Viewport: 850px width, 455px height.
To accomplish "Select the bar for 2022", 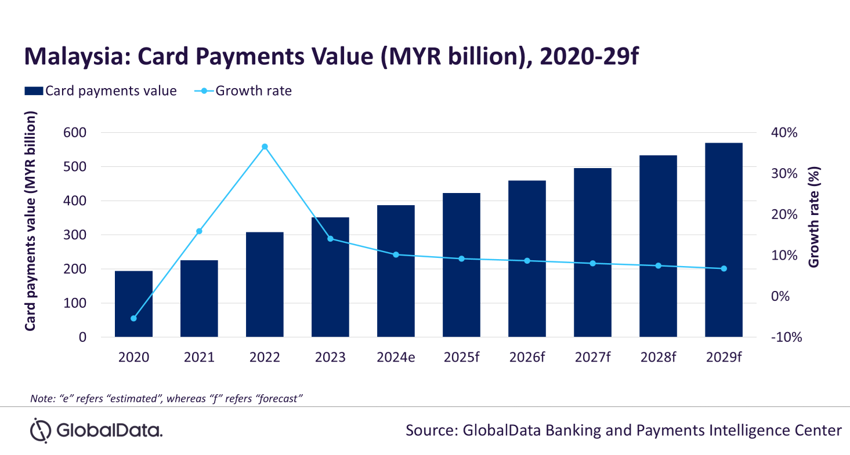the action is (265, 285).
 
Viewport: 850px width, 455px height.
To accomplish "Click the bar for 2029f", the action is (724, 239).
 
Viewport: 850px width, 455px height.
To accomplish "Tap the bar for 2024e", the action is (396, 271).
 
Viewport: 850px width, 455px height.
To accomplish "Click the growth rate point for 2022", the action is (265, 147).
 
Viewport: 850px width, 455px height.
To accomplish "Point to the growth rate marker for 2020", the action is (133, 319).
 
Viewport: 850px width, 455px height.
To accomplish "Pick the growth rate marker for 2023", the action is (330, 239).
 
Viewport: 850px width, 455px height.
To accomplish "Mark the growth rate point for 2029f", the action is (724, 268).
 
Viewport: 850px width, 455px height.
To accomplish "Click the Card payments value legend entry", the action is (100, 91).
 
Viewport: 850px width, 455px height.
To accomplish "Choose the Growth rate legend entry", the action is (243, 91).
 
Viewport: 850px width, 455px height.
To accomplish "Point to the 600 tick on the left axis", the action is (75, 133).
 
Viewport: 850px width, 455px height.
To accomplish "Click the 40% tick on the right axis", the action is (784, 133).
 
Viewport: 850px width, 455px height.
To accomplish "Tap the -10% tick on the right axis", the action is (786, 337).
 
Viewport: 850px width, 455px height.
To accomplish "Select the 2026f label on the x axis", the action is (527, 357).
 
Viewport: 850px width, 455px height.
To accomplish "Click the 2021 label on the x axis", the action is (199, 357).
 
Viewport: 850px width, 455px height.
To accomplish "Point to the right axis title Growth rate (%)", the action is (814, 217).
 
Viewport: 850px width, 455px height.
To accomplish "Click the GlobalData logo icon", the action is (41, 430).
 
